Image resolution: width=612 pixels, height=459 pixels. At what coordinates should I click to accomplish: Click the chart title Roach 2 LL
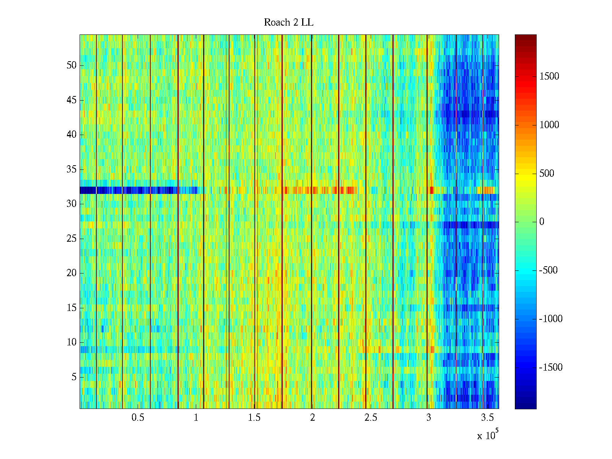tap(288, 23)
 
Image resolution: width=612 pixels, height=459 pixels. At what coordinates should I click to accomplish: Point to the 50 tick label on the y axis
tap(72, 65)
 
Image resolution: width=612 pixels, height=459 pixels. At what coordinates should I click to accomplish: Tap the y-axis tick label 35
tap(72, 169)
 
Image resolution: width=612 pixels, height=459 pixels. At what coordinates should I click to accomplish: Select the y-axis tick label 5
tap(74, 377)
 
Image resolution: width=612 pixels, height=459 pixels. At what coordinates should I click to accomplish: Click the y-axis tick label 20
tap(72, 273)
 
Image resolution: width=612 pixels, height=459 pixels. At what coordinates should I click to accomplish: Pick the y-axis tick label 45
tap(72, 100)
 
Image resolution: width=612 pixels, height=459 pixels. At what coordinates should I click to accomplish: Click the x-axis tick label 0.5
tap(138, 418)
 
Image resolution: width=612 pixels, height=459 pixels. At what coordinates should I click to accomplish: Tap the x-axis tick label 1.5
tap(254, 418)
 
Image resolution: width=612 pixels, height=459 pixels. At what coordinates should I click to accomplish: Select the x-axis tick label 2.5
tap(371, 418)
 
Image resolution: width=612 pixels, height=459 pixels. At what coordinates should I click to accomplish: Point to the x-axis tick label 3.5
tap(487, 418)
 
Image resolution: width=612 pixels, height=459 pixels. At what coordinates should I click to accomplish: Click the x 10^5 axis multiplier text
tap(487, 435)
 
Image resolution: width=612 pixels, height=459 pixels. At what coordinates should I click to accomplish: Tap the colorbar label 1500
tap(549, 76)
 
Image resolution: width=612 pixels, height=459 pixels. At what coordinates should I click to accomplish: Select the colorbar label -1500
tap(551, 368)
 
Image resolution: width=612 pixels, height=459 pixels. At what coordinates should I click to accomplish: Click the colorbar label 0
tap(542, 222)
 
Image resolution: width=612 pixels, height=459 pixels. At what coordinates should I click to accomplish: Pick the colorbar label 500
tap(547, 174)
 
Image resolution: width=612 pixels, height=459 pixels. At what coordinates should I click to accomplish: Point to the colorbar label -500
tap(549, 270)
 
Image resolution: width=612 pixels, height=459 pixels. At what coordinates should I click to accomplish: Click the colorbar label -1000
tap(551, 319)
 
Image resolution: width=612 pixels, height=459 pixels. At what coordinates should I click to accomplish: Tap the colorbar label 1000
tap(549, 125)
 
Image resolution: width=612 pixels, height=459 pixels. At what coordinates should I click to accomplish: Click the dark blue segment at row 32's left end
tap(88, 190)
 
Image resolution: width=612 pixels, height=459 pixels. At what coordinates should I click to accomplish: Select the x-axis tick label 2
tap(313, 418)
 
